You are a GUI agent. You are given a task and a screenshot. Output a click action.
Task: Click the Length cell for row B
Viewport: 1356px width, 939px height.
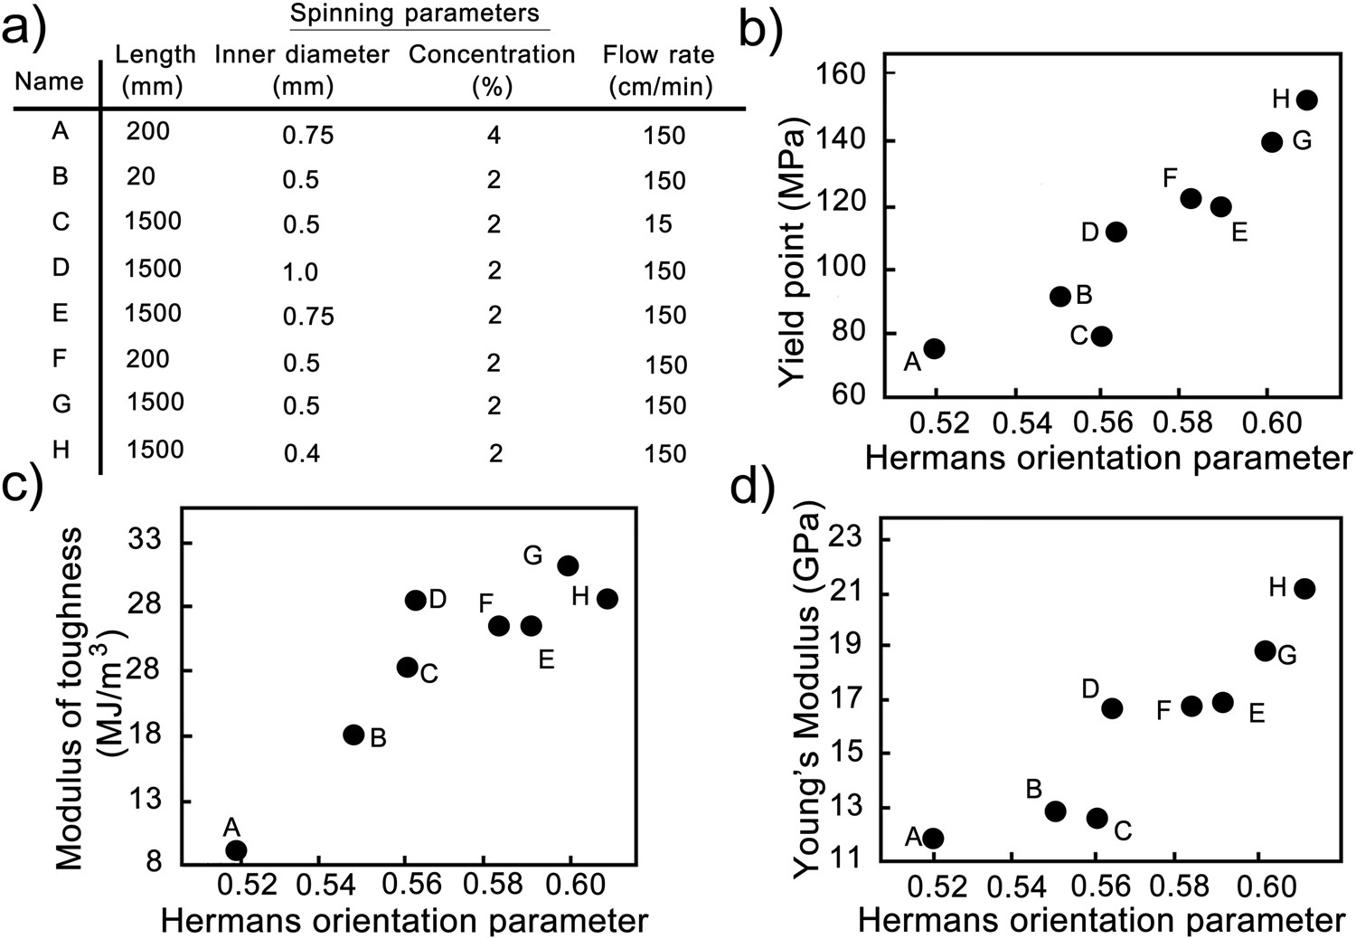point(141,176)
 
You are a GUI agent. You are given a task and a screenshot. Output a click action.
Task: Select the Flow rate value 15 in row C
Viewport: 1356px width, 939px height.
point(658,223)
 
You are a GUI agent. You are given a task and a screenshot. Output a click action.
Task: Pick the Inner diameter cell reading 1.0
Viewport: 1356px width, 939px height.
point(300,271)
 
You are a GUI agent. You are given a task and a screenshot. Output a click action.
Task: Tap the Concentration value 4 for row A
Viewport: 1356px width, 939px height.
point(494,136)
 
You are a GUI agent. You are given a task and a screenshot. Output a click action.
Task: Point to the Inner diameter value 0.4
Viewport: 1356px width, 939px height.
point(301,453)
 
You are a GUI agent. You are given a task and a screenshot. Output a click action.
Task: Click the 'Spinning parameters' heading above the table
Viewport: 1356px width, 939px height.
point(414,14)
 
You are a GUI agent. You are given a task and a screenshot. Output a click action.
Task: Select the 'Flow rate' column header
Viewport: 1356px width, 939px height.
point(659,70)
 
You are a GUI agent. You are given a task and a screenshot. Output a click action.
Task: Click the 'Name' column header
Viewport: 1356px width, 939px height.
point(49,81)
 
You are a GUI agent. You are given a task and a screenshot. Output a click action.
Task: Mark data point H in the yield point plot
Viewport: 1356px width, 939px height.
point(1306,100)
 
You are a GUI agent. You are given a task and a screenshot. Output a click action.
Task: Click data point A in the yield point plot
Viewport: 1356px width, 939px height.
point(934,348)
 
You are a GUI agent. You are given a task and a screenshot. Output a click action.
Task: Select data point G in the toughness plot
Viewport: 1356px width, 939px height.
point(568,565)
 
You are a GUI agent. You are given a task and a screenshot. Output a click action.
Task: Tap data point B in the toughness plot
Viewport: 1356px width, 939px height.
point(353,735)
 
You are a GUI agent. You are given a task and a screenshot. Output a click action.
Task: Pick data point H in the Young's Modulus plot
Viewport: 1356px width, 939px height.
point(1304,589)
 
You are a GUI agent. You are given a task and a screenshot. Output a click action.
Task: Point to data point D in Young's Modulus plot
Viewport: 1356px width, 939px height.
point(1112,707)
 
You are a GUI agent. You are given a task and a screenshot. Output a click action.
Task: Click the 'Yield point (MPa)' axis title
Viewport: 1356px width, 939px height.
point(793,255)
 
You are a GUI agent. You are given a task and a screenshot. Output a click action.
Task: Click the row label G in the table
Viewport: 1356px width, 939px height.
point(61,403)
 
